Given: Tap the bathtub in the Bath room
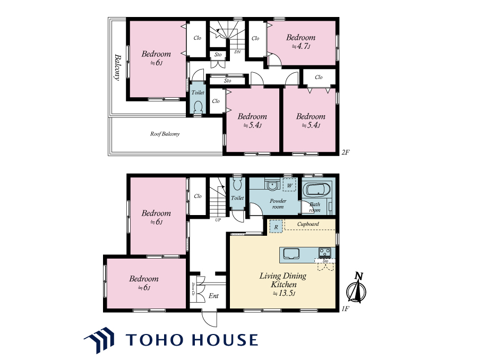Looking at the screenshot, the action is click(319, 191).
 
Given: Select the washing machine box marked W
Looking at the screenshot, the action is click(289, 185).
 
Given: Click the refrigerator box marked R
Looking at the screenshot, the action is click(276, 227).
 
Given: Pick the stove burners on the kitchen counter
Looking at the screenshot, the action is click(325, 253).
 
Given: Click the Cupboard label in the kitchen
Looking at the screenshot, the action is click(308, 224).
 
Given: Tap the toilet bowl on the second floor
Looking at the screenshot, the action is click(198, 107).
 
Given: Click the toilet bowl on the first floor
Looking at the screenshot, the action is click(237, 184).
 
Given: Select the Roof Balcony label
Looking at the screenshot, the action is click(165, 134).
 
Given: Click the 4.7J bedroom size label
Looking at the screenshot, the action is click(301, 47).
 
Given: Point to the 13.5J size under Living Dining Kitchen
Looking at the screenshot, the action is click(284, 293).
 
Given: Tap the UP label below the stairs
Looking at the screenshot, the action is click(218, 220).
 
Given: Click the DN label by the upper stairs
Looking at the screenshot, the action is click(237, 52).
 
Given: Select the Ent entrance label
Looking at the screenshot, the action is click(213, 296).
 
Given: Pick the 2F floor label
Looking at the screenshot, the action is click(346, 152).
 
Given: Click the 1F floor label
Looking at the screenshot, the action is click(345, 308).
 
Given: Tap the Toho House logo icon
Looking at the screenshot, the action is click(99, 340).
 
